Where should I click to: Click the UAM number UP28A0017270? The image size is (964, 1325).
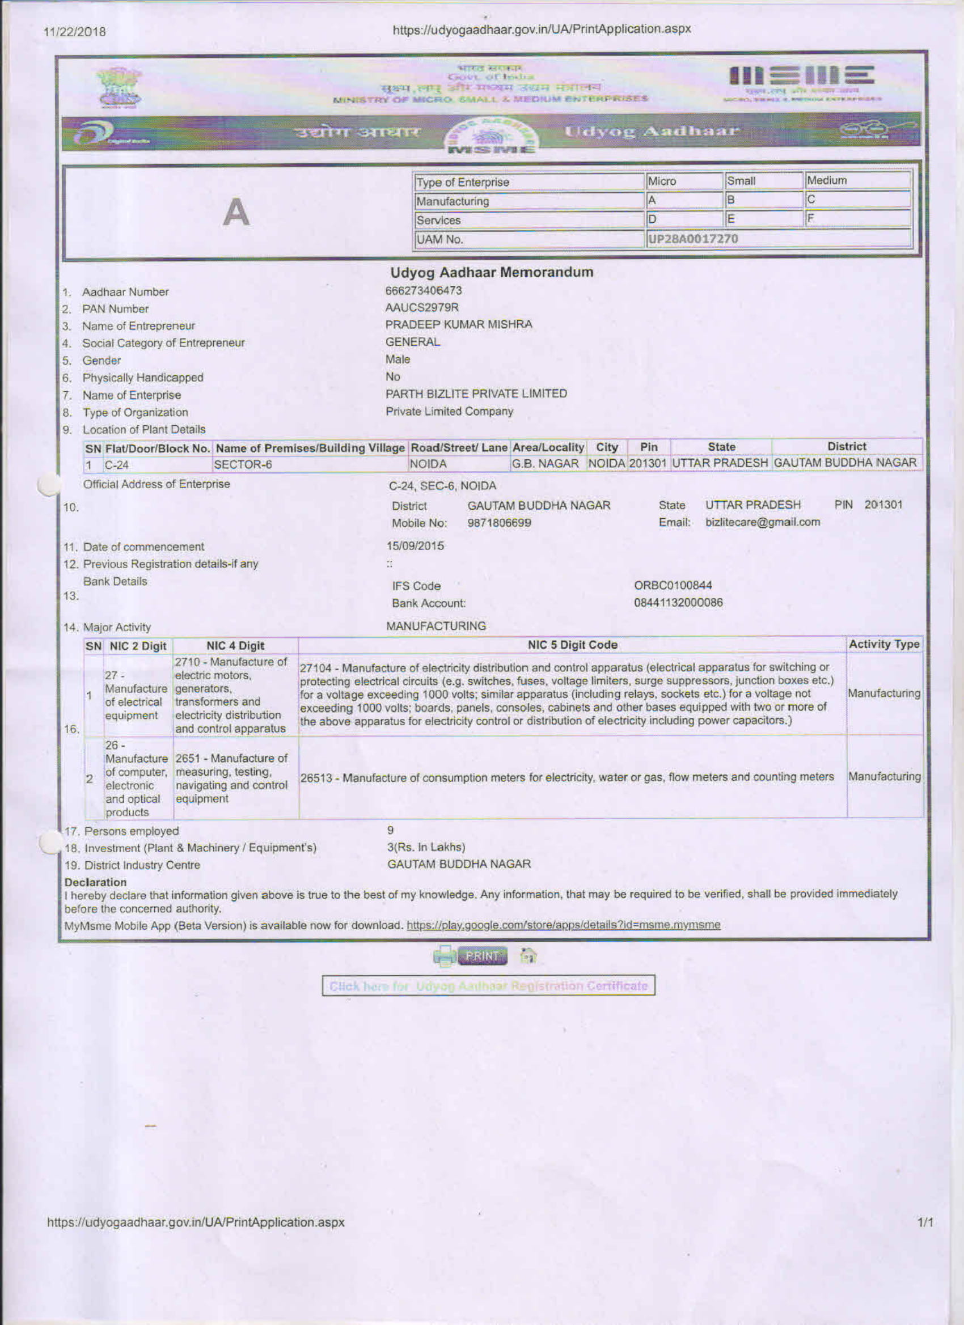click(x=692, y=239)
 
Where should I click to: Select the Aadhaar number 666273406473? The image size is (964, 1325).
click(x=424, y=290)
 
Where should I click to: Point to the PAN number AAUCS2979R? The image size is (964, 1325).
click(x=422, y=307)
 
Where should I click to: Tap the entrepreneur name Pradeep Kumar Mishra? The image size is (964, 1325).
click(x=459, y=324)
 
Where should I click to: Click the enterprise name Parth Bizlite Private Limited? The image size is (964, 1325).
click(x=476, y=394)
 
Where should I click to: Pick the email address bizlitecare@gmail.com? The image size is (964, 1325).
click(x=763, y=522)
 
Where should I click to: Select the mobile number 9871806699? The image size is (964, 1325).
click(x=499, y=523)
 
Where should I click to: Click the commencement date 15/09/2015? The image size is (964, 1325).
click(x=415, y=545)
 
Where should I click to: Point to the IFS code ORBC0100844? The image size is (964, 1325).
click(x=673, y=585)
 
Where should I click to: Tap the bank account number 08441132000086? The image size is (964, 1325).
click(x=678, y=602)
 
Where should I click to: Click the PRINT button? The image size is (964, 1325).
click(x=482, y=956)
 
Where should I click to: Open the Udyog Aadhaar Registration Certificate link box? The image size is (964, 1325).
click(x=488, y=986)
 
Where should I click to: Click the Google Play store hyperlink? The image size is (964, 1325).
click(x=563, y=925)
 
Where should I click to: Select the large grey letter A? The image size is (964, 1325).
click(x=236, y=213)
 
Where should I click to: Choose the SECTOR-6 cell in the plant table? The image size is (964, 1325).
click(x=243, y=465)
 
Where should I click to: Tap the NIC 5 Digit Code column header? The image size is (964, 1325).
click(x=572, y=645)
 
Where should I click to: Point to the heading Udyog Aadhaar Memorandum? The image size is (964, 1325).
click(x=491, y=273)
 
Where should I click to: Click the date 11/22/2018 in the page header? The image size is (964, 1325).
click(x=75, y=32)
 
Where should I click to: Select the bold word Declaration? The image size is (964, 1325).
click(x=95, y=882)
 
